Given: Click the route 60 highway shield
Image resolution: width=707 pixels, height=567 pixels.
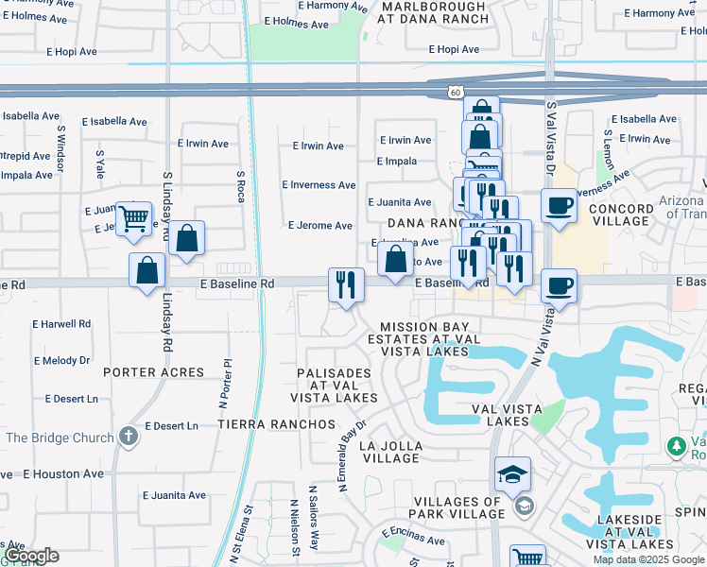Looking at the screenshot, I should coord(457,93).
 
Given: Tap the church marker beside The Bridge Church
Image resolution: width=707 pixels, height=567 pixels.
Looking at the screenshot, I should coord(129,437).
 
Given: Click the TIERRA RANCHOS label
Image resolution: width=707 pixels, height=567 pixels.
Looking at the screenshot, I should coord(276,424).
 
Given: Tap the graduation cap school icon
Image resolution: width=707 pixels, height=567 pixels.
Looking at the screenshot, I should coord(512,473).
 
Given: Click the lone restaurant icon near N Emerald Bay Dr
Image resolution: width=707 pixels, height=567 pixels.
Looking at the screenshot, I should coord(346,284).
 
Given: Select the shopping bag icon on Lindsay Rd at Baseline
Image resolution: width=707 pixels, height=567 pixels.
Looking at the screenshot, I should coord(148,271).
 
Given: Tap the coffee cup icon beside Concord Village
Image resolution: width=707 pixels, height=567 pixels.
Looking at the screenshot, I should coord(559,206).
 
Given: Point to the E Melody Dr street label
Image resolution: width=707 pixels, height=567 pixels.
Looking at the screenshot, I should coord(61,360).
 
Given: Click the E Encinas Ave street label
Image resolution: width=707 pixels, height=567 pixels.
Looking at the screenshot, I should coord(413,541).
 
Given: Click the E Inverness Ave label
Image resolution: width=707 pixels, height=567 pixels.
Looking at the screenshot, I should coord(319,185).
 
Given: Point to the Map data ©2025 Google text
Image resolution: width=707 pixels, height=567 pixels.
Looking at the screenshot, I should coord(648,559).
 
